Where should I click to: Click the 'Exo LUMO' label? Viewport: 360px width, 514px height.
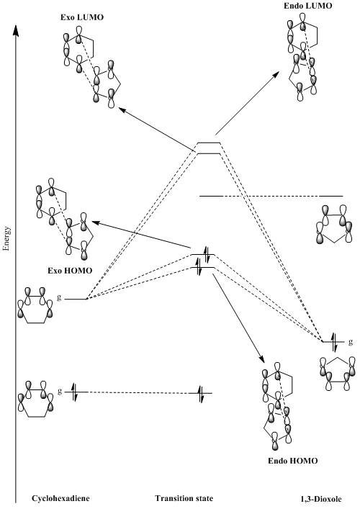(82, 17)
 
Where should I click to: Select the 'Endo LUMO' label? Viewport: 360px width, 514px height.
(308, 6)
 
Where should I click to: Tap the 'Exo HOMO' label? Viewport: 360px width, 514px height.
(70, 271)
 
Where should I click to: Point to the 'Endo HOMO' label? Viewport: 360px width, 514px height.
(293, 461)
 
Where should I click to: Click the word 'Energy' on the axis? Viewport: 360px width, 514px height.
(6, 238)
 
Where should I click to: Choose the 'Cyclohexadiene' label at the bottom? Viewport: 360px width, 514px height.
(60, 499)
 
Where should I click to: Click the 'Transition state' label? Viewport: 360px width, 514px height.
(184, 499)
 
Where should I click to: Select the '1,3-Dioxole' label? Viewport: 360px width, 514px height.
(321, 500)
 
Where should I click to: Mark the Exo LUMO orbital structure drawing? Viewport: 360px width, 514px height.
(92, 67)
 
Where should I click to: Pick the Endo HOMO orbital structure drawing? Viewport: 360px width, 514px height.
(277, 406)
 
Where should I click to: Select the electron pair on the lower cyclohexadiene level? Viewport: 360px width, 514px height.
(75, 392)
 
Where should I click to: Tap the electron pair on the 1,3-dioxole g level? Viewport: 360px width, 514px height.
(333, 342)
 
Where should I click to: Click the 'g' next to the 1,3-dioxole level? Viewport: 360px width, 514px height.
(351, 342)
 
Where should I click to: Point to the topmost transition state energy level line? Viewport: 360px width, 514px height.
(209, 143)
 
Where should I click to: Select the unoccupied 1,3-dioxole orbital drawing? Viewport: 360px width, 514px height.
(334, 224)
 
